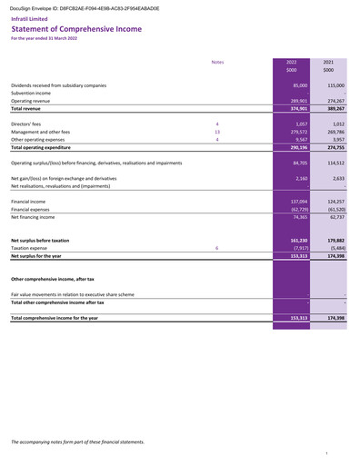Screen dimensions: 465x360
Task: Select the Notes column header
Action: (217, 62)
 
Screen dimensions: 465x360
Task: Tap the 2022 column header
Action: (291, 62)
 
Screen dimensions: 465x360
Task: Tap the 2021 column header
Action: (328, 62)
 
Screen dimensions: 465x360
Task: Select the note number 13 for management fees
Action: (217, 132)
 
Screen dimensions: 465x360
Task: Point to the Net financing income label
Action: (34, 217)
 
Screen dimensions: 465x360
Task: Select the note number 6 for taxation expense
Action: (217, 247)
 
